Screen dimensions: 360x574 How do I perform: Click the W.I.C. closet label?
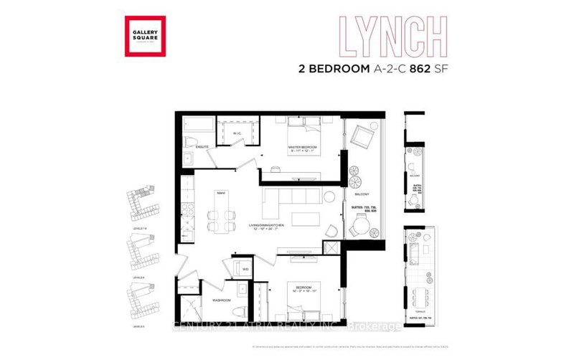(x=237, y=133)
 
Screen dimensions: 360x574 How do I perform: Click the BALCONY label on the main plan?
(x=360, y=194)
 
